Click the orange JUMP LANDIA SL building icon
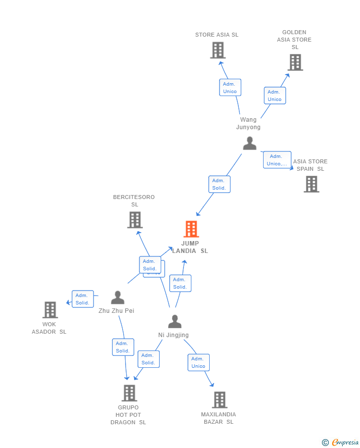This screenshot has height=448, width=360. pos(191,229)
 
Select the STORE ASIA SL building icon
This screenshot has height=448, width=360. pos(218,50)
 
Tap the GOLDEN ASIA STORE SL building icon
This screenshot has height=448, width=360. pos(295,62)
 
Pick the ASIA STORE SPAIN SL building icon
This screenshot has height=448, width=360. pos(311,184)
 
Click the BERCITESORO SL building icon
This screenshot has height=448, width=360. pos(135,220)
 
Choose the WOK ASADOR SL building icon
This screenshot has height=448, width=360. pos(50,310)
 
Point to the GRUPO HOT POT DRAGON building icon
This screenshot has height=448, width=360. pos(129,393)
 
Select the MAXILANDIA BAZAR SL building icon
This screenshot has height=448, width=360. pos(220,400)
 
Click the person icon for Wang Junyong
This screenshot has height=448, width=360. pos(250,143)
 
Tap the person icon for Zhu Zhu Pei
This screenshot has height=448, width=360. pos(117,298)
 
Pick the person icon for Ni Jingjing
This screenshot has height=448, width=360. pos(175,322)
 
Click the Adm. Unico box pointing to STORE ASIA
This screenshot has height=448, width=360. pos(230,88)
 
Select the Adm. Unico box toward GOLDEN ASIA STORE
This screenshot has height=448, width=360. pos(274,96)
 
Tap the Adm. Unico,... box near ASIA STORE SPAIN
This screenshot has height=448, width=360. pos(277,160)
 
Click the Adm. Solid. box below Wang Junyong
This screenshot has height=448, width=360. pos(219,184)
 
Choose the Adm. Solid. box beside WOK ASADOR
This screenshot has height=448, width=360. pos(83,299)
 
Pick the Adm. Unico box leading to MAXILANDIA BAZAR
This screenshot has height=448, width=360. pos(198,362)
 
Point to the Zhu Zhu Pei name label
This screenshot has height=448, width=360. pos(116,311)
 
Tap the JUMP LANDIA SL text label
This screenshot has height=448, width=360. pos(190,247)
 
